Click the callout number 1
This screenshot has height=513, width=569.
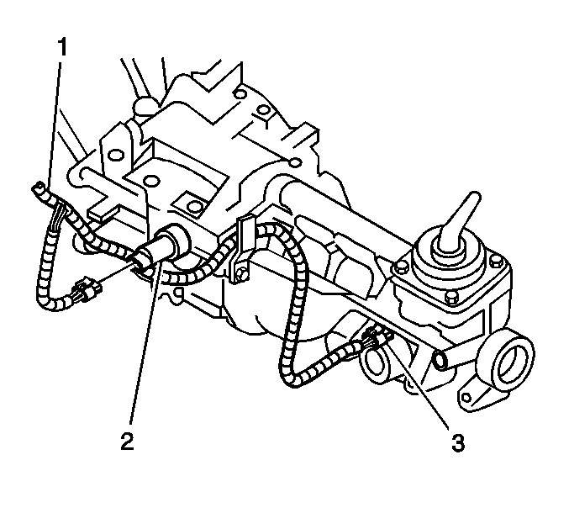tap(62, 48)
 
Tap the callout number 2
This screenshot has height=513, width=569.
tap(128, 442)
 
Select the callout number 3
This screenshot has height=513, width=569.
tap(458, 442)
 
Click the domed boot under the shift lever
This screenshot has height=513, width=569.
tap(449, 251)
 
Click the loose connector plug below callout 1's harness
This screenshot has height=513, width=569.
tap(87, 284)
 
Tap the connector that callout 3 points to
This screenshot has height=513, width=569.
tap(379, 337)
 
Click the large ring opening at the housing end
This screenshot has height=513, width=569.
tap(507, 364)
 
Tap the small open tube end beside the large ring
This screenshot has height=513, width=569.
tap(440, 361)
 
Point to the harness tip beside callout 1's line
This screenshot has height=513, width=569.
tap(38, 188)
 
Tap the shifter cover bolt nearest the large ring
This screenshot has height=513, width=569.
tap(496, 261)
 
